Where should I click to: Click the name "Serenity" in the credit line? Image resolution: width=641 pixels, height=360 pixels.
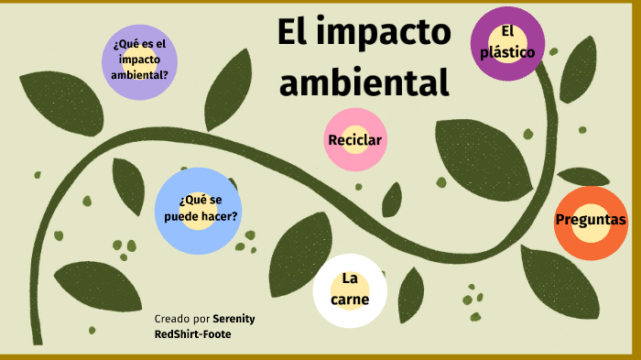pos(234,318)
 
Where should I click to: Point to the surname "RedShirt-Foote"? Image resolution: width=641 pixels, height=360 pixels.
pos(193,334)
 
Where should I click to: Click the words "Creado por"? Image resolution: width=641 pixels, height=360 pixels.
pos(181,318)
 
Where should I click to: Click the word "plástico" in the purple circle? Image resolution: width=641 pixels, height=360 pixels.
pos(508,52)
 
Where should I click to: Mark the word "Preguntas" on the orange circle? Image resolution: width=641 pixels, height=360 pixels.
pos(591,220)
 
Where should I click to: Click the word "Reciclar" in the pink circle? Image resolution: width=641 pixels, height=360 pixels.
pos(354,139)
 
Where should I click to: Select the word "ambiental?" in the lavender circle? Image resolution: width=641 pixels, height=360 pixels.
pos(139,75)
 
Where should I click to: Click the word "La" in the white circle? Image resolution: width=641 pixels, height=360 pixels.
pos(349,278)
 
